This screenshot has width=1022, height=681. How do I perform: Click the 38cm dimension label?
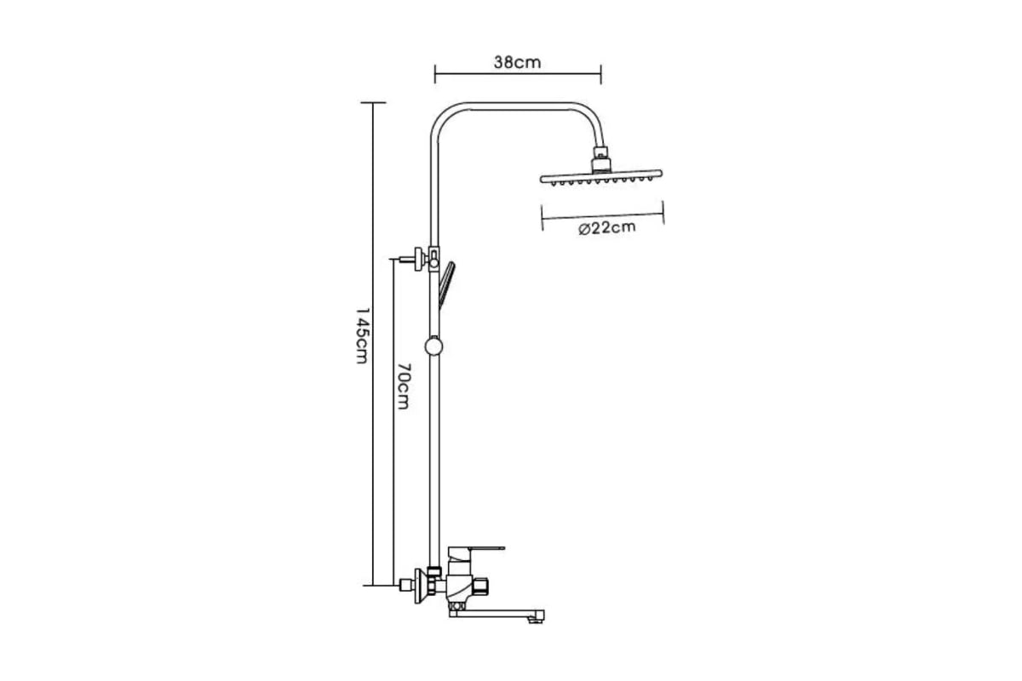click(518, 62)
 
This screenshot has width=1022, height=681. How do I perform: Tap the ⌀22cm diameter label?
click(606, 227)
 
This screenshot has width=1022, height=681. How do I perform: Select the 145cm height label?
click(361, 335)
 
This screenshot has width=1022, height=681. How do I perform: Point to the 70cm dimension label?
click(402, 386)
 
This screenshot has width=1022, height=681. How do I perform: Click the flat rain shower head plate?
click(601, 177)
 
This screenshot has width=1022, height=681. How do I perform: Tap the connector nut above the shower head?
click(602, 159)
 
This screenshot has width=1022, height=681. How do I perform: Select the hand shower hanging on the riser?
click(446, 285)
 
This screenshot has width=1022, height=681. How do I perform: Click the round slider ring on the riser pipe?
click(433, 346)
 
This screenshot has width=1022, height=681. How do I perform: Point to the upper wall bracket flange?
click(419, 259)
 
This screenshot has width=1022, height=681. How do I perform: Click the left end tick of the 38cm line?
click(435, 74)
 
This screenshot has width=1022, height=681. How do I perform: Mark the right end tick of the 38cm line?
click(601, 74)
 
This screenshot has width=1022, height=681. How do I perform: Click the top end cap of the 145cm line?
click(373, 103)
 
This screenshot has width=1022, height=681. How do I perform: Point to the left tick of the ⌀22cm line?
click(542, 218)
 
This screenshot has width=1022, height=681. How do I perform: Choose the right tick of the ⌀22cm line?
click(663, 212)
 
